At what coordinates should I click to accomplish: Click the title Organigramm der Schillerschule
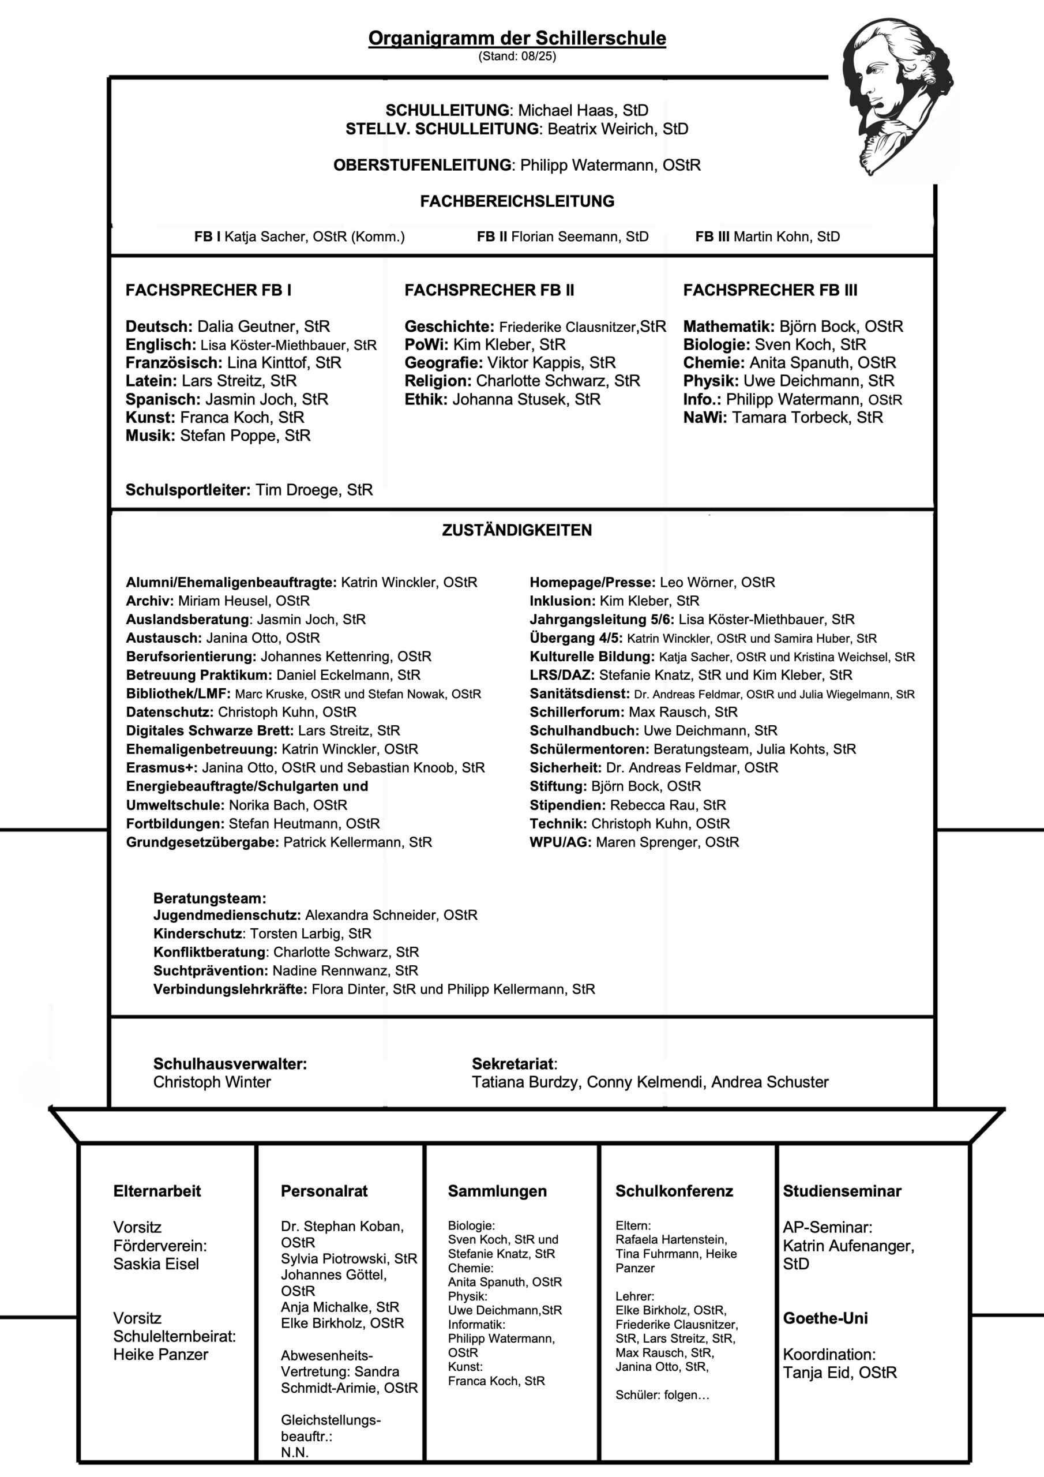[x=517, y=38]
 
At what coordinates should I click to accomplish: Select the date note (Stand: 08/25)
[x=517, y=57]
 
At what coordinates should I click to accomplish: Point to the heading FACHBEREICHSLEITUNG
[x=517, y=201]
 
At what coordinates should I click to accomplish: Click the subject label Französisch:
[x=174, y=363]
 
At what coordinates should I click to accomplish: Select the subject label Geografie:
[x=443, y=363]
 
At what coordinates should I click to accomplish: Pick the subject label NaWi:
[x=705, y=418]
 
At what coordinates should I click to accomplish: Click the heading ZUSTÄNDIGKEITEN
[x=517, y=530]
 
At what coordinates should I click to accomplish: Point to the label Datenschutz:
[x=169, y=712]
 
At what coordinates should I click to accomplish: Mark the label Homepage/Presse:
[x=592, y=582]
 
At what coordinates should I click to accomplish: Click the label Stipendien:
[x=568, y=805]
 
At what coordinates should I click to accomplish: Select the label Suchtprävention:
[x=211, y=971]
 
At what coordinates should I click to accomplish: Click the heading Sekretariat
[x=513, y=1063]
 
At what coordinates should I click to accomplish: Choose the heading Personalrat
[x=324, y=1191]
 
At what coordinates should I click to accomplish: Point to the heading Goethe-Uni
[x=825, y=1318]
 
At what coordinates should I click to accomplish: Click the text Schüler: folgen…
[x=662, y=1395]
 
